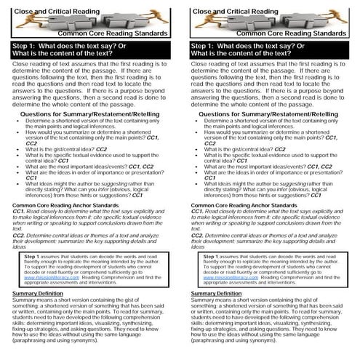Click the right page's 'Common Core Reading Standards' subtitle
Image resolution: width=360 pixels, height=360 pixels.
click(x=300, y=34)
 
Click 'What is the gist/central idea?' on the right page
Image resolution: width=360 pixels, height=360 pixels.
click(x=241, y=148)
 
